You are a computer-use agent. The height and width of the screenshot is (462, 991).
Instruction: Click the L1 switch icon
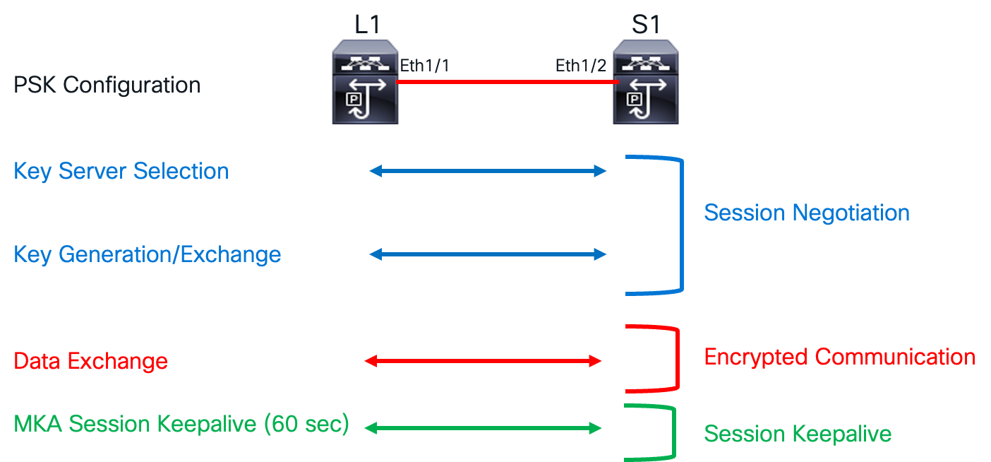pos(365,81)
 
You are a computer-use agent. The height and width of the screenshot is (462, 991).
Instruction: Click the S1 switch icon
pos(645,81)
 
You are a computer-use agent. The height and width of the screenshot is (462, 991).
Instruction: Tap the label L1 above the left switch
pos(366,24)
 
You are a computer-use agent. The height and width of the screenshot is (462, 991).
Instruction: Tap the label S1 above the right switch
pos(645,24)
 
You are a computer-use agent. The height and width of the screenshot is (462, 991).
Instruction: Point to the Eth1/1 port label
pos(424,66)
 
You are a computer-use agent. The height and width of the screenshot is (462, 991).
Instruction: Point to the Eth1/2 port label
pos(580,66)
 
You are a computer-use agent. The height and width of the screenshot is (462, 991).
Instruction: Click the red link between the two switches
pos(505,82)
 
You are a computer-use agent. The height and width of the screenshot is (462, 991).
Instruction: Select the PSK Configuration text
pos(107,85)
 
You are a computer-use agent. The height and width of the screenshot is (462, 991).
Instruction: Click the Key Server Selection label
pos(121,171)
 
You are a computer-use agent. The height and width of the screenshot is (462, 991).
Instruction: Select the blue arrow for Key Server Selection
pos(488,171)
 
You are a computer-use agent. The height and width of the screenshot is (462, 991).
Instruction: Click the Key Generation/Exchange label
pos(148,254)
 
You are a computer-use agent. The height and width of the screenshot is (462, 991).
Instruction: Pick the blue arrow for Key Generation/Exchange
pos(488,254)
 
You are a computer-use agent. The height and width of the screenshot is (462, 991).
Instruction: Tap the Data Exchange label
pos(91,362)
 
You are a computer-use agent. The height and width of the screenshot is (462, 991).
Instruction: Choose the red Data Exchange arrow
pos(483,362)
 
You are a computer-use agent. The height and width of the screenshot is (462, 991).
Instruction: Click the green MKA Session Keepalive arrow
pos(483,428)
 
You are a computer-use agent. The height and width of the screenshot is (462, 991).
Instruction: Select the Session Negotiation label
pos(807,213)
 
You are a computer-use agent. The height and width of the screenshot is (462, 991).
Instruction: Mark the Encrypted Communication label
pos(839,357)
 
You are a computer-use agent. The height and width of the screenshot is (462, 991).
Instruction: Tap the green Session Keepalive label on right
pos(798,434)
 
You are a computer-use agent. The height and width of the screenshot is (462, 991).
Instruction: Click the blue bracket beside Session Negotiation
pos(682,223)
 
